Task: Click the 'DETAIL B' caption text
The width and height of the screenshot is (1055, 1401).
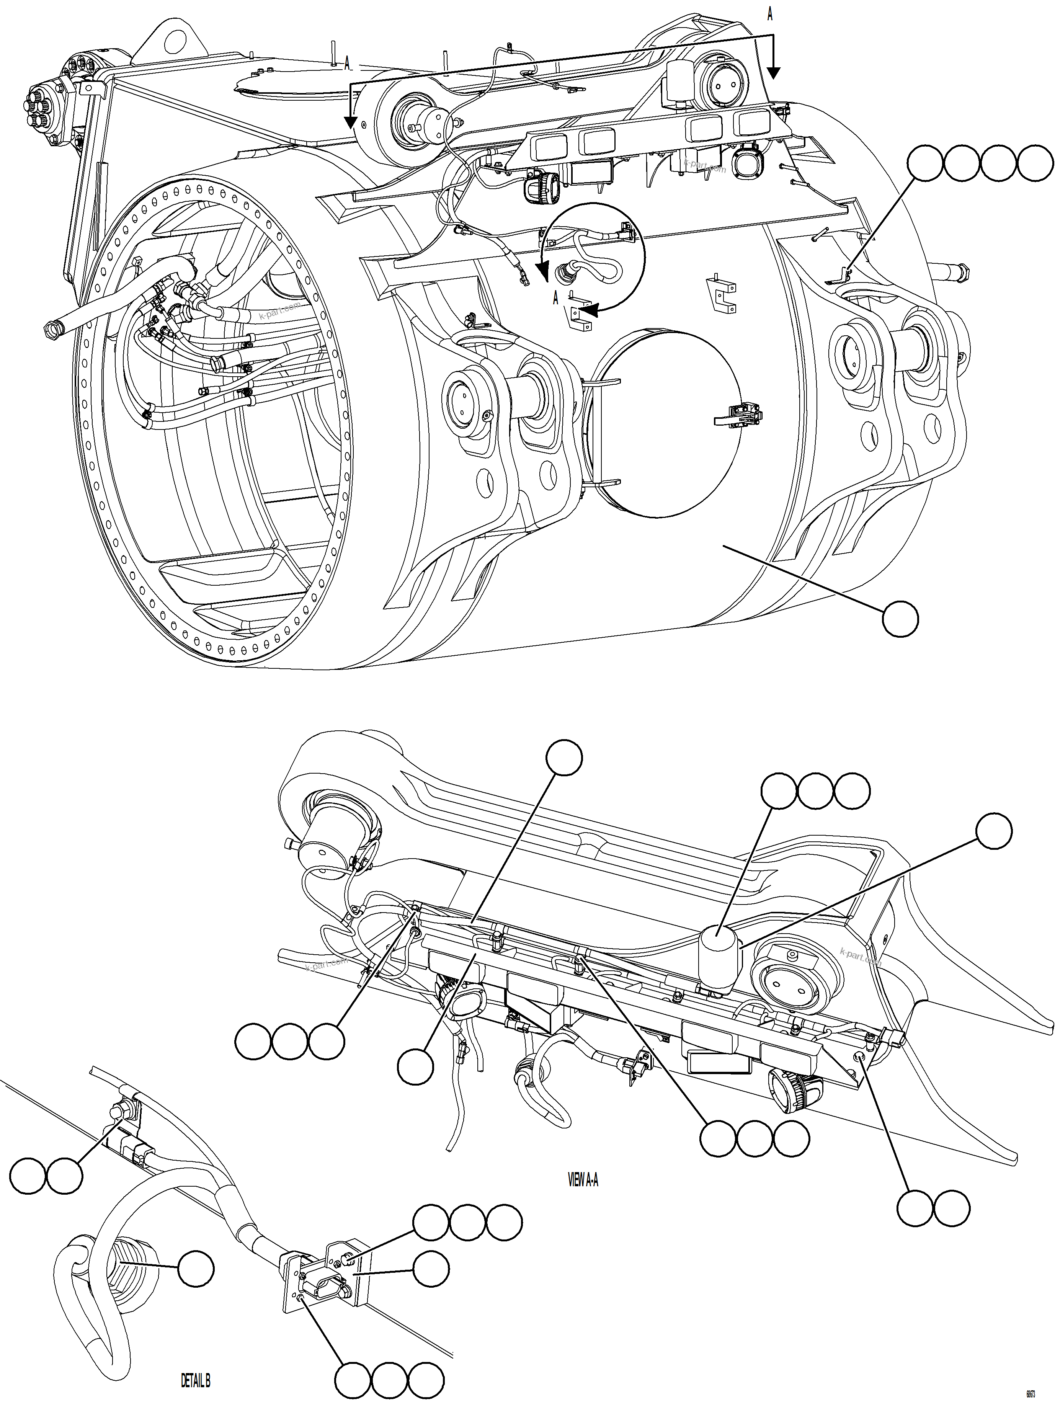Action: (x=195, y=1375)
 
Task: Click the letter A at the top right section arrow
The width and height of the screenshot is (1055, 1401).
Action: (x=770, y=14)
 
